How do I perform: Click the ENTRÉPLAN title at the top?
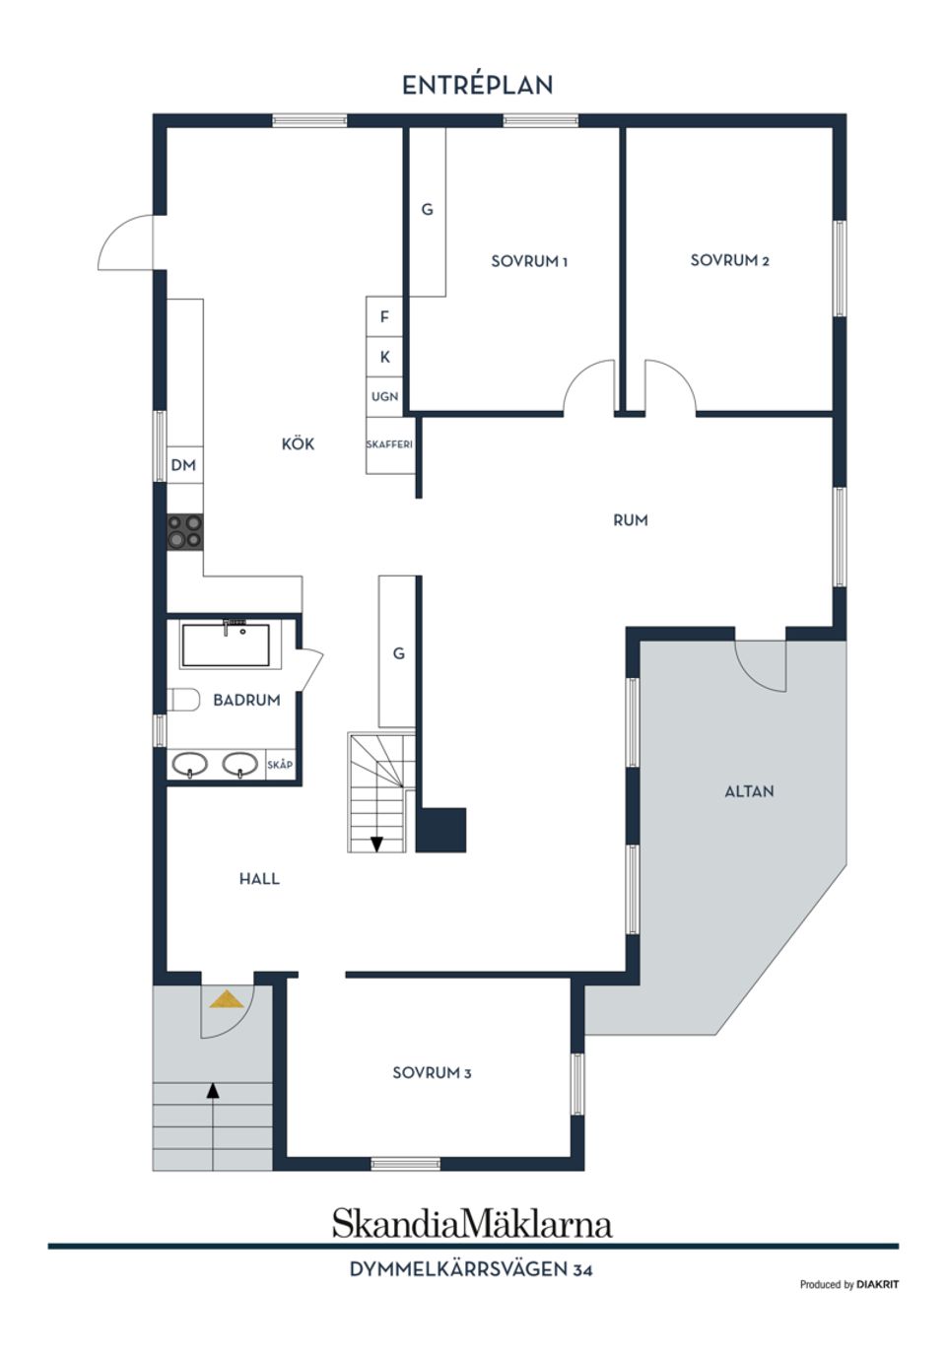tap(477, 86)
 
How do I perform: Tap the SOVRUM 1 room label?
tap(529, 261)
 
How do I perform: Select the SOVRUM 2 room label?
tap(729, 260)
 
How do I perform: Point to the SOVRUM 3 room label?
tap(432, 1072)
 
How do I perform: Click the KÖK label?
tap(298, 444)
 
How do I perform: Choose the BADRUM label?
tap(246, 700)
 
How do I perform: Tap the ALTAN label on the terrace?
tap(749, 790)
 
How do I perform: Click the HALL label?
tap(259, 878)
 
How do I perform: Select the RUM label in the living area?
tap(631, 519)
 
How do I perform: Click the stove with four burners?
tap(185, 531)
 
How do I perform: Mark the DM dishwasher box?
tap(184, 465)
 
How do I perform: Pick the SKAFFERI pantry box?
tap(389, 444)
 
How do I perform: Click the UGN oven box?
tap(384, 396)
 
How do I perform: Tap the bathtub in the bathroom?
tap(226, 646)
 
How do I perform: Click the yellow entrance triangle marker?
tap(227, 999)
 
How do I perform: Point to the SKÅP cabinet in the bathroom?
tap(280, 765)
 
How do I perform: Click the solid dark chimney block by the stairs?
tap(440, 830)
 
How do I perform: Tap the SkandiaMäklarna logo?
tap(472, 1223)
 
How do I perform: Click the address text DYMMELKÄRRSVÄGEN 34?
tap(471, 1269)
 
